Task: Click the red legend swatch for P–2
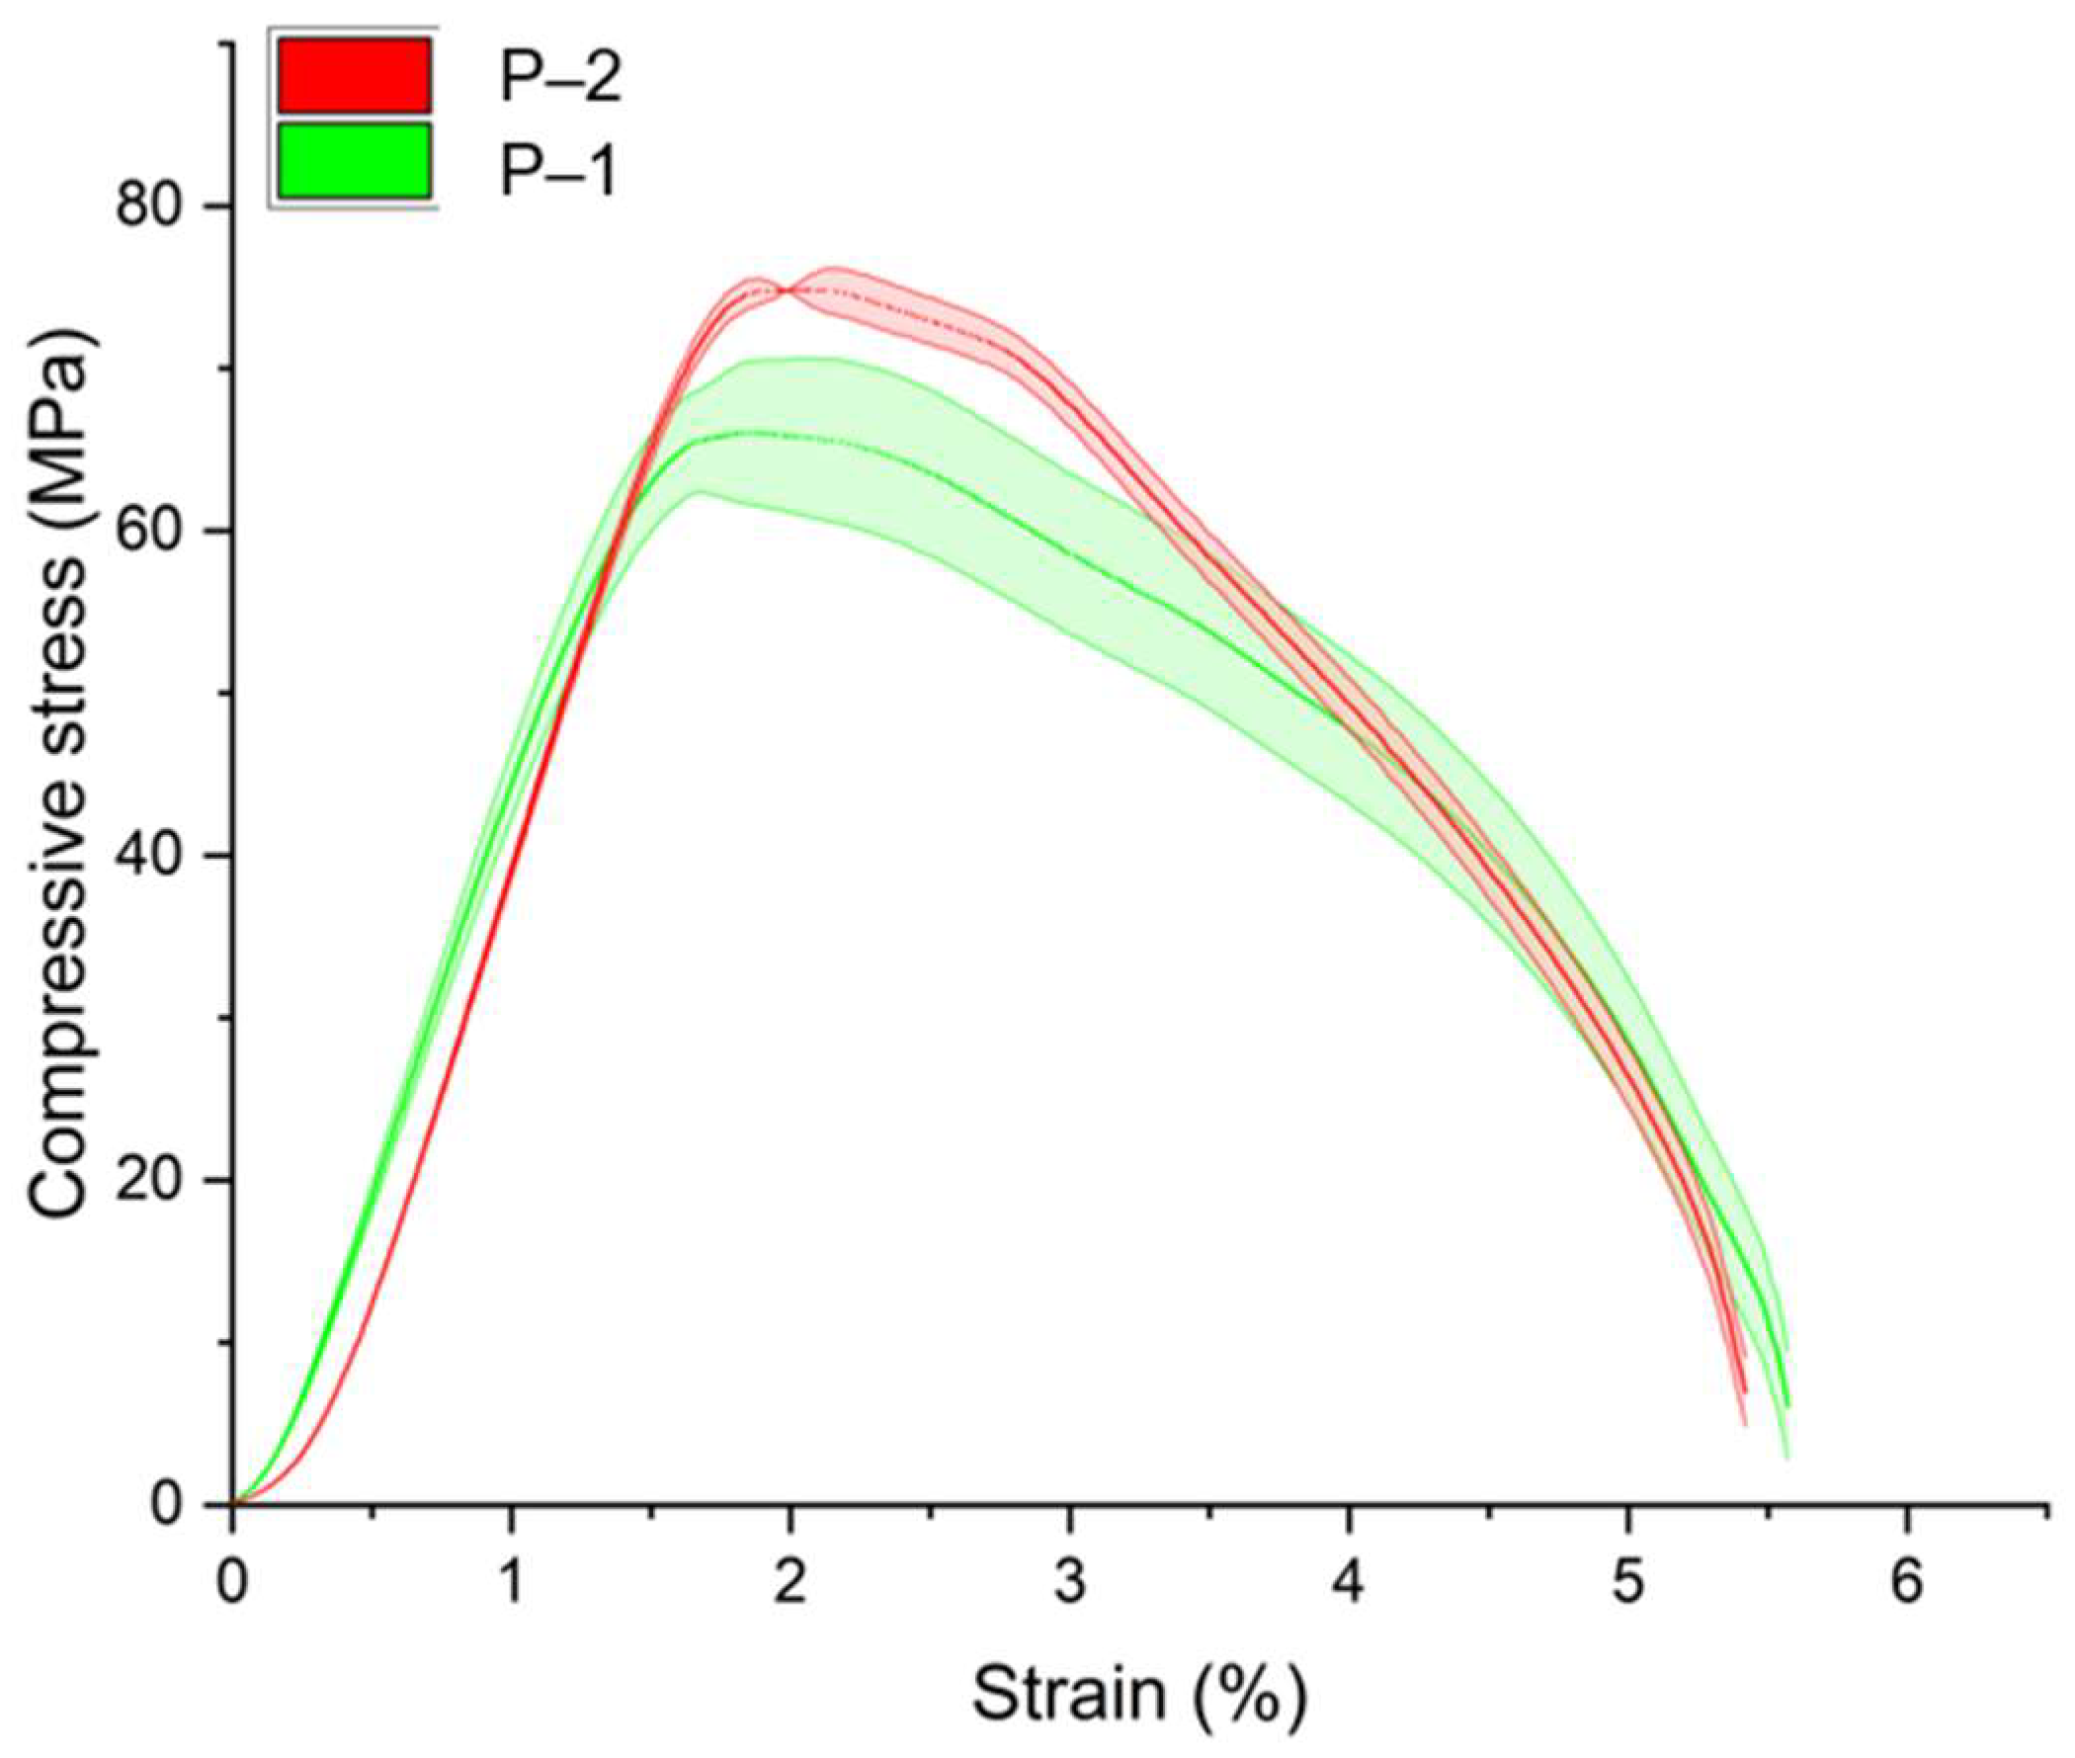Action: point(354,75)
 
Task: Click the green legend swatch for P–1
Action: point(354,159)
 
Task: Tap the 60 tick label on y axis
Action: point(150,533)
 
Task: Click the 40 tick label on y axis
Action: point(150,856)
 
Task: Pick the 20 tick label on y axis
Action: point(150,1181)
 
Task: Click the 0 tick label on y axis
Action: point(169,1505)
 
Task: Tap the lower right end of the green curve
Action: point(1788,1405)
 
